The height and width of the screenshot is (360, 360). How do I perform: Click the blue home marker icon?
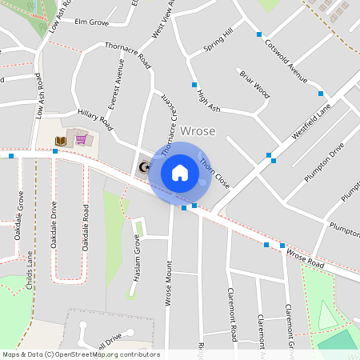(180, 173)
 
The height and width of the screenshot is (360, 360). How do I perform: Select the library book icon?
(60, 142)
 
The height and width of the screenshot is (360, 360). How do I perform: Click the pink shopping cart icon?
(81, 140)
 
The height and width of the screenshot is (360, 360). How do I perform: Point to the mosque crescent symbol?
(145, 167)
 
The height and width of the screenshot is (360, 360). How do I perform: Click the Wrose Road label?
(305, 258)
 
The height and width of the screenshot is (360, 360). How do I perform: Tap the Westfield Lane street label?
(311, 124)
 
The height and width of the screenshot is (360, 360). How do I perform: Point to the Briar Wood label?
(255, 84)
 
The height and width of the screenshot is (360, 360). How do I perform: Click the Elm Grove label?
(90, 22)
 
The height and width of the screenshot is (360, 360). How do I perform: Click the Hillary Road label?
(95, 118)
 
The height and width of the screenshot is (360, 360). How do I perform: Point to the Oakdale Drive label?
(54, 225)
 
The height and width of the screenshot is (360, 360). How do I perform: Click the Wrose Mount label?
(169, 284)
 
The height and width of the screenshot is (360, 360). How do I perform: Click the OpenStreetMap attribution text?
(81, 354)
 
